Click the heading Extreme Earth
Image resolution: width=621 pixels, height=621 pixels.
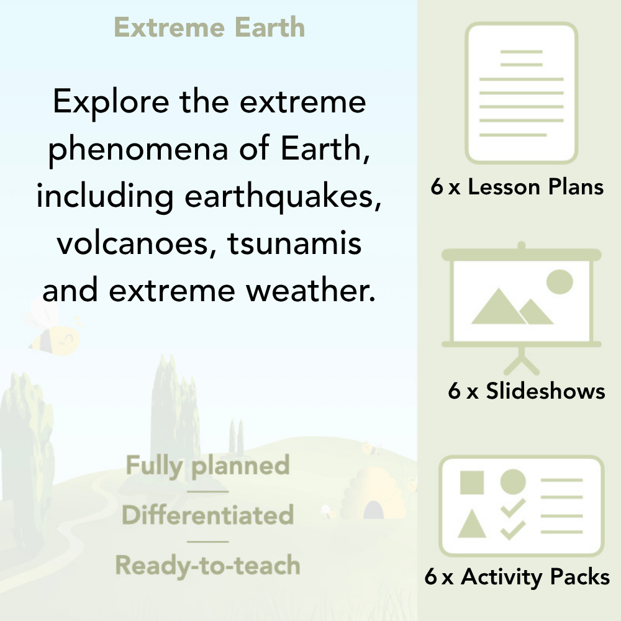pos(209,28)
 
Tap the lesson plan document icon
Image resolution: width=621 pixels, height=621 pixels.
pos(522,93)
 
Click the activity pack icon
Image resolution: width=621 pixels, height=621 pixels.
pos(522,505)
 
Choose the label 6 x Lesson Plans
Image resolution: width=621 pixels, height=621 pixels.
pos(517,187)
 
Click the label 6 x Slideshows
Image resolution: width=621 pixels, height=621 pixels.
pos(526,391)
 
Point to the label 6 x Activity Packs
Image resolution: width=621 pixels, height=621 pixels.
pos(517,578)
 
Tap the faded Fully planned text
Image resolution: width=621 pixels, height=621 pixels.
pos(208,466)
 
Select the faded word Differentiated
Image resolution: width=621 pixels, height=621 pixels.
pos(208,515)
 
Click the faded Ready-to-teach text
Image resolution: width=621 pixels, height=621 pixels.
pos(208,565)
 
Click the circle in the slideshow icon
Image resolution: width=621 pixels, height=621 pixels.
pos(559,281)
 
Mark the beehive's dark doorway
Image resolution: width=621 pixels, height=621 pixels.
pos(373,510)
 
